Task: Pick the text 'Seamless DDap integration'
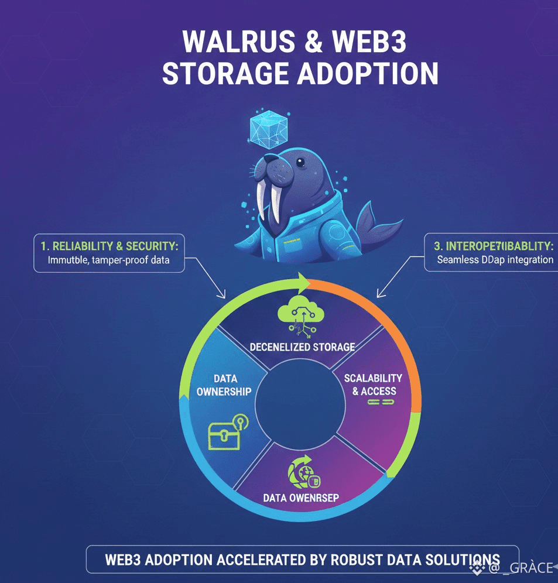(495, 259)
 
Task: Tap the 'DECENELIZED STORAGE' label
(302, 347)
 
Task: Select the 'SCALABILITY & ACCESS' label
(374, 385)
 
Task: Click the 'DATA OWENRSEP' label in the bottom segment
(301, 498)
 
